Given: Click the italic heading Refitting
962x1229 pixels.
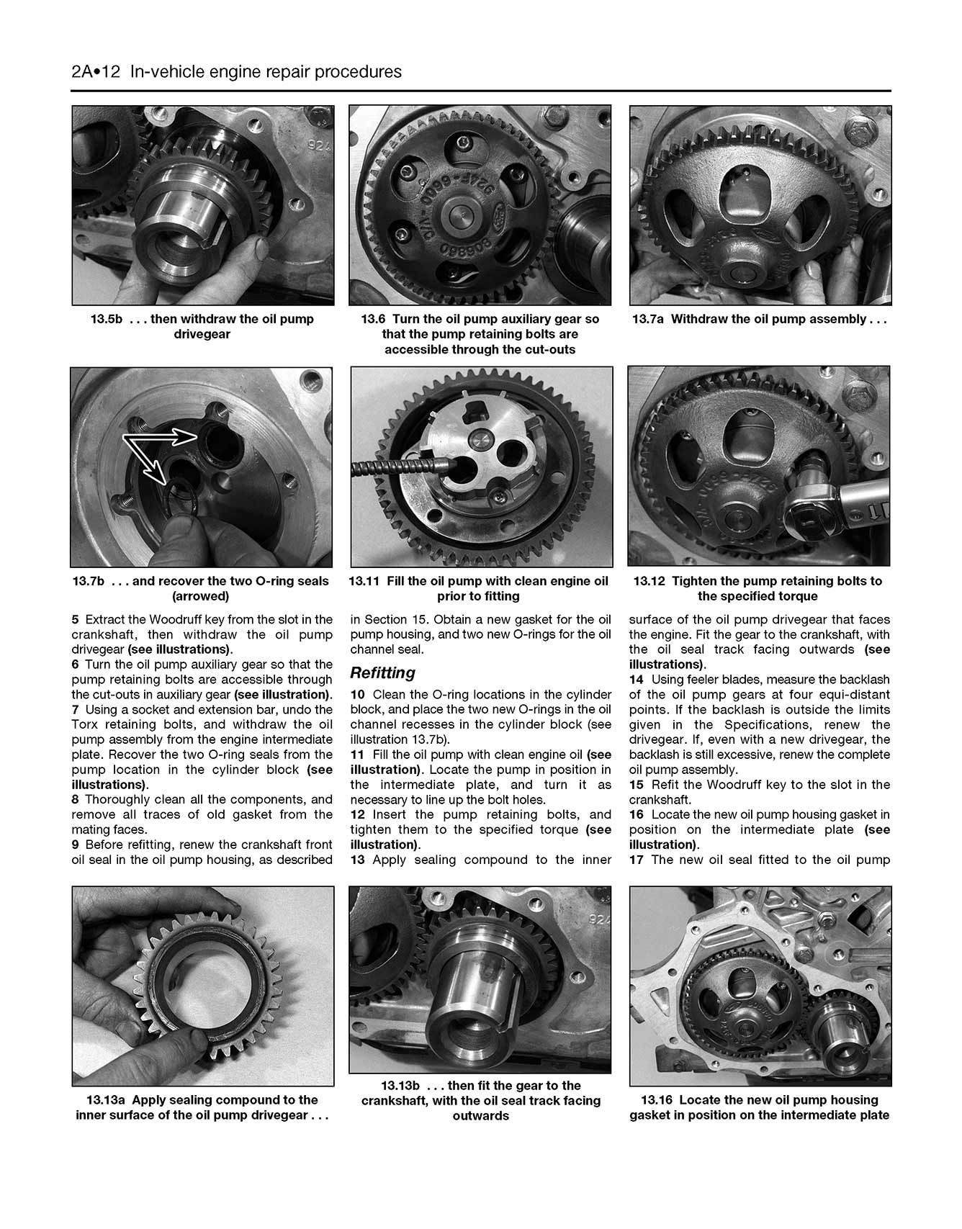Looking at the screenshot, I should pyautogui.click(x=382, y=672).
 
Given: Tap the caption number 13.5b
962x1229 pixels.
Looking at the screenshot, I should pyautogui.click(x=106, y=319).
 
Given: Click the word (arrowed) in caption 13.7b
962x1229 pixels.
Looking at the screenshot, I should pyautogui.click(x=201, y=596).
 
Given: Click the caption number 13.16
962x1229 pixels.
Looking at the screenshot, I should pyautogui.click(x=657, y=1100).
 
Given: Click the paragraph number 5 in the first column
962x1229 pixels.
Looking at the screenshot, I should pyautogui.click(x=75, y=619).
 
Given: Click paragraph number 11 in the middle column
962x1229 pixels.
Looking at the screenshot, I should pyautogui.click(x=357, y=755).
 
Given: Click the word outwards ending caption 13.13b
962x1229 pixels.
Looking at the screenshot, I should pyautogui.click(x=480, y=1116).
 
